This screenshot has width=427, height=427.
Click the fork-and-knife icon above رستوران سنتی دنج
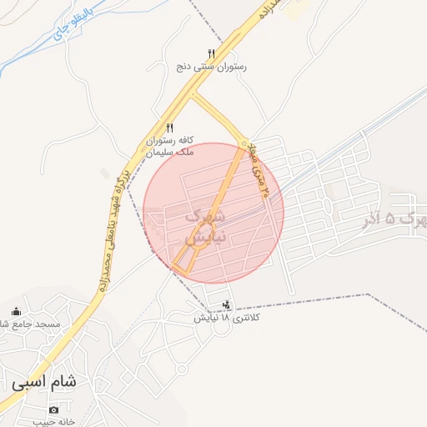[211, 53]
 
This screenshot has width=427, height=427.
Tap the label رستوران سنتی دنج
[211, 65]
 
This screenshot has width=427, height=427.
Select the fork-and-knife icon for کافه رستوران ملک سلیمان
[170, 128]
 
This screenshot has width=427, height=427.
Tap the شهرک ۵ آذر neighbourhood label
[396, 219]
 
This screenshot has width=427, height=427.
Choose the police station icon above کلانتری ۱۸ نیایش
[226, 304]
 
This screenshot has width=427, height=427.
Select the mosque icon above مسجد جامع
[17, 311]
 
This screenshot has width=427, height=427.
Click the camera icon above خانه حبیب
[54, 409]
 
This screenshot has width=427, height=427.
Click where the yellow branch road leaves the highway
[193, 93]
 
